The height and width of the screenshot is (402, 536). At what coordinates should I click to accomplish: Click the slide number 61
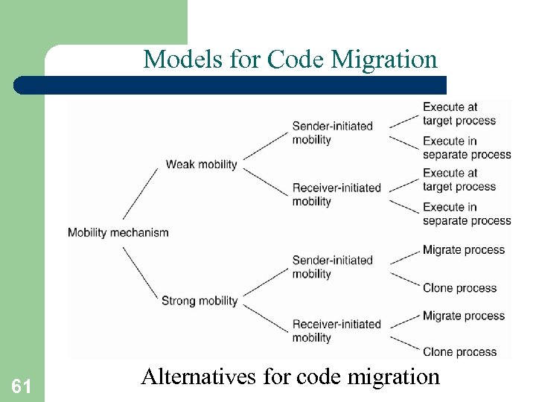[21, 386]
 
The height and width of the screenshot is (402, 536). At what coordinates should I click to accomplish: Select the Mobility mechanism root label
[118, 232]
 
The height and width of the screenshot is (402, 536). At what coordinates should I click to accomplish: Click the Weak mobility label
[201, 164]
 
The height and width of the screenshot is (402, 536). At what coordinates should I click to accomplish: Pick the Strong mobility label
[200, 301]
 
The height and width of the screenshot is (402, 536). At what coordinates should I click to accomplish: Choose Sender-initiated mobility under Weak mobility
[332, 133]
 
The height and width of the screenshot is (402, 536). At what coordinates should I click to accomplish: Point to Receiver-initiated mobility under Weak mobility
[336, 194]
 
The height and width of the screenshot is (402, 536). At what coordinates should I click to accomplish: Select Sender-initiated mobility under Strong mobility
[332, 267]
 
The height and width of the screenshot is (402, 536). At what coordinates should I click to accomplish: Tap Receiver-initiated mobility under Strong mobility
[336, 331]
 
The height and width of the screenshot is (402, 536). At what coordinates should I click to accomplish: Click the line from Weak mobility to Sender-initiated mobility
[265, 144]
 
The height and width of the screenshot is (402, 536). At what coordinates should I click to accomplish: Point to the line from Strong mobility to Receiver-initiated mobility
[265, 316]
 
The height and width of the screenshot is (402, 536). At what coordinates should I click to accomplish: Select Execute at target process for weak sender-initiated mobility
[459, 114]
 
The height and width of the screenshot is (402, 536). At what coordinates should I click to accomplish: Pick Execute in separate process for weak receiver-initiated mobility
[467, 214]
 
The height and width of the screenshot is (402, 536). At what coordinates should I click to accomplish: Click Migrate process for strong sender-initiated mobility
[463, 250]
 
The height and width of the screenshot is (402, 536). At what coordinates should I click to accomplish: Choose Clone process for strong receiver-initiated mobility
[459, 351]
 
